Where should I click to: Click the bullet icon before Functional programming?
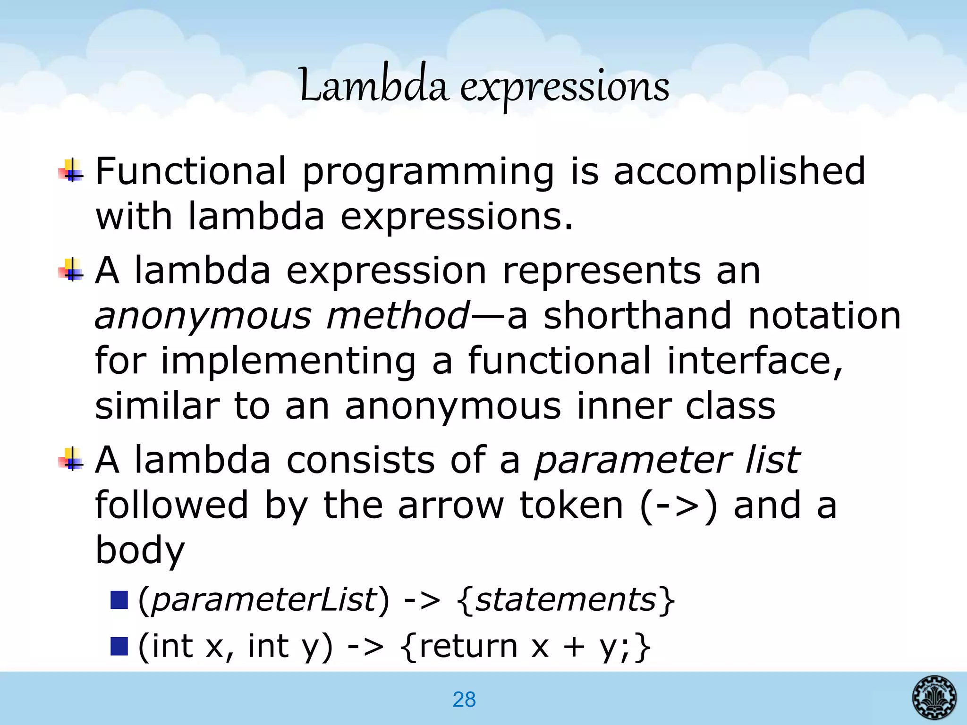(71, 171)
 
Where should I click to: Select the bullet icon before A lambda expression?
(71, 270)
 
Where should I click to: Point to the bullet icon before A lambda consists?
(71, 459)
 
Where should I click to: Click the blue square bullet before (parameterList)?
(119, 600)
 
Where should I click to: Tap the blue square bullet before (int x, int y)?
(119, 646)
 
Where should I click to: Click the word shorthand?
(637, 315)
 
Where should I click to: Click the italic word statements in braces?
(565, 600)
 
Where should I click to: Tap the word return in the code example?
(468, 646)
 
